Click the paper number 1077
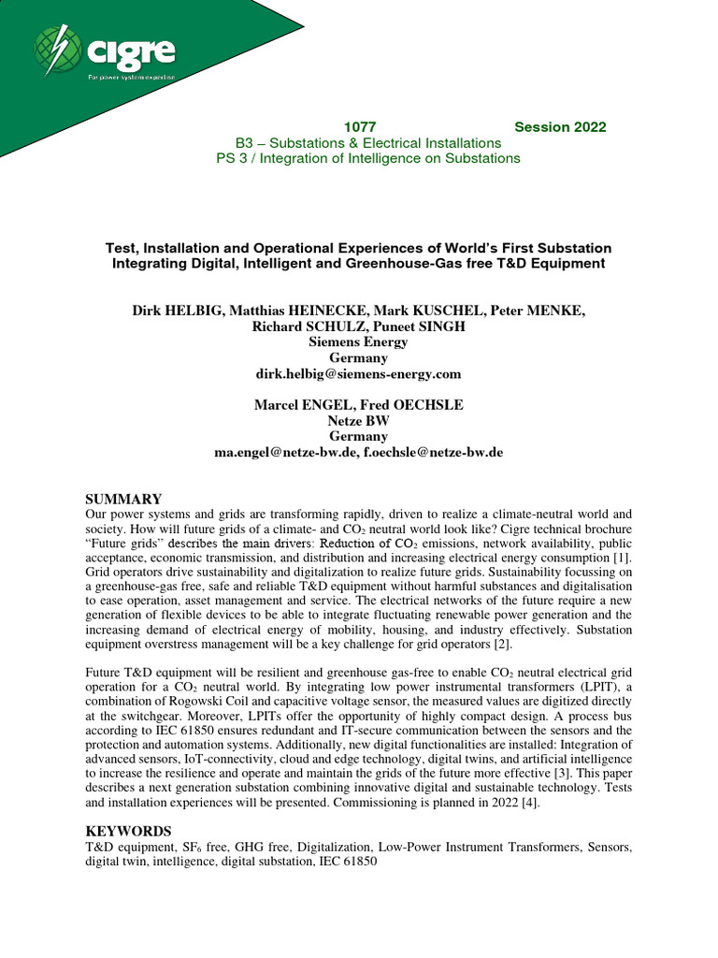(x=360, y=127)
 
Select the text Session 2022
(x=560, y=127)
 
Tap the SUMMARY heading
(x=124, y=500)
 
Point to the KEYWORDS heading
(x=129, y=831)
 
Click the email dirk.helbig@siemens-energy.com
(x=359, y=373)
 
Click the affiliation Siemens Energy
(x=359, y=341)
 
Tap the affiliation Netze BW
(x=359, y=420)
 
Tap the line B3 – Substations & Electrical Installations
(x=368, y=143)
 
